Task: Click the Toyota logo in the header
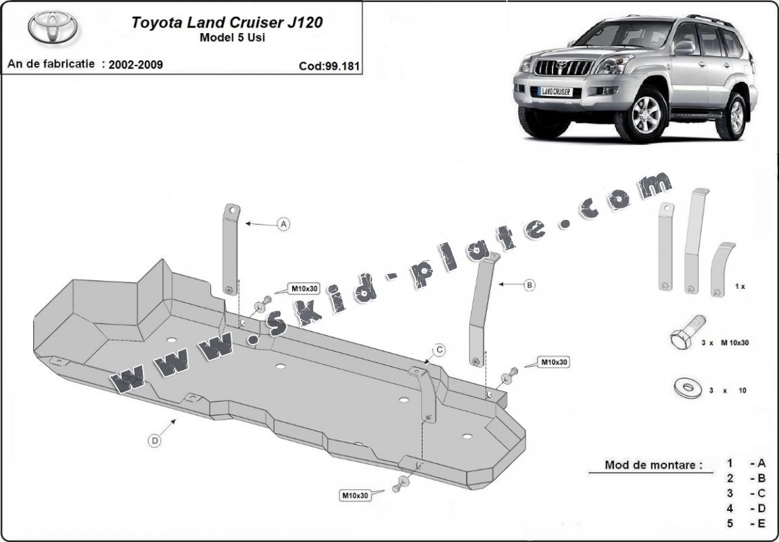pyautogui.click(x=53, y=27)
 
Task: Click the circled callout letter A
pyautogui.click(x=283, y=224)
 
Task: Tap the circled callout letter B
pyautogui.click(x=529, y=286)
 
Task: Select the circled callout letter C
pyautogui.click(x=439, y=350)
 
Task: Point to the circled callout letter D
pyautogui.click(x=155, y=441)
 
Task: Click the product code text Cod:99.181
pyautogui.click(x=329, y=66)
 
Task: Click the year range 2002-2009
pyautogui.click(x=131, y=65)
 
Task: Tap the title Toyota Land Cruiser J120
pyautogui.click(x=227, y=22)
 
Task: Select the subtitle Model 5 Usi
pyautogui.click(x=232, y=38)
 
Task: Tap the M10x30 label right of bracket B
pyautogui.click(x=553, y=362)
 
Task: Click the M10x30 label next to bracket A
pyautogui.click(x=305, y=289)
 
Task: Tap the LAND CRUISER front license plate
pyautogui.click(x=554, y=91)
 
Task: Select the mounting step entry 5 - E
pyautogui.click(x=747, y=522)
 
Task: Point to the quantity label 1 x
pyautogui.click(x=740, y=286)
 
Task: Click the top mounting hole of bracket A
pyautogui.click(x=232, y=210)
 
